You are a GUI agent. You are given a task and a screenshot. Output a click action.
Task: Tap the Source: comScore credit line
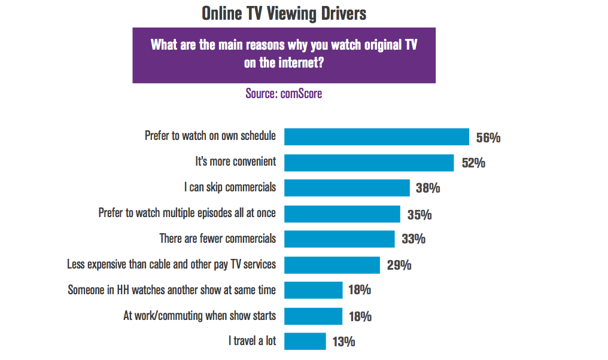tap(284, 94)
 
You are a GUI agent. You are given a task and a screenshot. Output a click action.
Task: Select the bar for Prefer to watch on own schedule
tap(376, 136)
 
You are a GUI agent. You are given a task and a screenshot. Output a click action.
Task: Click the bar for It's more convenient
tap(369, 162)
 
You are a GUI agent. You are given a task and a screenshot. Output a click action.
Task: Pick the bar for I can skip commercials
tap(346, 188)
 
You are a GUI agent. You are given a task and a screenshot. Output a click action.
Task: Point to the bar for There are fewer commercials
tap(339, 239)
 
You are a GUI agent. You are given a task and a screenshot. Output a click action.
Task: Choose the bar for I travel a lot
tap(305, 341)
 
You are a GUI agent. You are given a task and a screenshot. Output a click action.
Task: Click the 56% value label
tap(488, 138)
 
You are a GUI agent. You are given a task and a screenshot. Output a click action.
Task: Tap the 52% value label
tap(473, 163)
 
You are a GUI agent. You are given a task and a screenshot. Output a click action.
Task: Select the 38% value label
tap(428, 188)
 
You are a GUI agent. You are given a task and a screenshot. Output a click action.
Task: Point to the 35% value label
tap(419, 214)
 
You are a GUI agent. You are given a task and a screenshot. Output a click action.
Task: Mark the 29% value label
tap(399, 265)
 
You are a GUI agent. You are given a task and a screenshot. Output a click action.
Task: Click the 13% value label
tap(343, 342)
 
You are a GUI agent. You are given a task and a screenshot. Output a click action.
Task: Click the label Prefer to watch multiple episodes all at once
tap(187, 213)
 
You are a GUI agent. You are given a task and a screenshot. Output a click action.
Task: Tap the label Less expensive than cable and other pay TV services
tap(171, 264)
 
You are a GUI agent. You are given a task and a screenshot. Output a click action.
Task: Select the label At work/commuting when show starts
tap(199, 316)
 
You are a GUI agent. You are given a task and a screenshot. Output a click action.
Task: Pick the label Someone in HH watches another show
tap(172, 290)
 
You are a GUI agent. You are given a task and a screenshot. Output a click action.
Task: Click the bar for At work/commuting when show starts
tap(313, 316)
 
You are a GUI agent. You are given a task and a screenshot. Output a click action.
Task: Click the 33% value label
tap(413, 239)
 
